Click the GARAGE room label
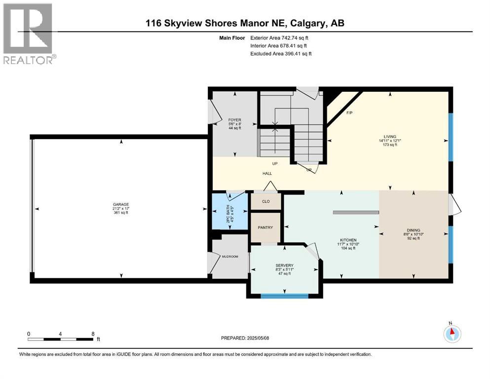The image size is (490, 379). (x=121, y=205)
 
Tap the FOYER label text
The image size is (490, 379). (x=235, y=120)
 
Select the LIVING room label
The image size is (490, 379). (x=390, y=137)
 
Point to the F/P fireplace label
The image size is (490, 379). (x=350, y=113)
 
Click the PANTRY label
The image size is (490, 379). (x=265, y=227)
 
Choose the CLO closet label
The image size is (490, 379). (x=266, y=201)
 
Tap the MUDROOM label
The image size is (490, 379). (x=230, y=257)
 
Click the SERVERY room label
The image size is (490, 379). (x=284, y=265)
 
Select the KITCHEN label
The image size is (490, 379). (x=348, y=240)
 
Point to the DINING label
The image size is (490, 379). (x=414, y=230)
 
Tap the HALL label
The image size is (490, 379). (x=267, y=173)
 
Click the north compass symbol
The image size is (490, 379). (x=452, y=333)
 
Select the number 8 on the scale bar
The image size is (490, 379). (x=93, y=334)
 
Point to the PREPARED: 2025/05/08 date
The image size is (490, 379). (x=245, y=338)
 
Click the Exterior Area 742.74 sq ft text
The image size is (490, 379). (x=279, y=38)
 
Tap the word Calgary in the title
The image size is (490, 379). (x=308, y=23)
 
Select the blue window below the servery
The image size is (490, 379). (x=285, y=296)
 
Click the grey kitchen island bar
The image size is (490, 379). (x=356, y=213)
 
